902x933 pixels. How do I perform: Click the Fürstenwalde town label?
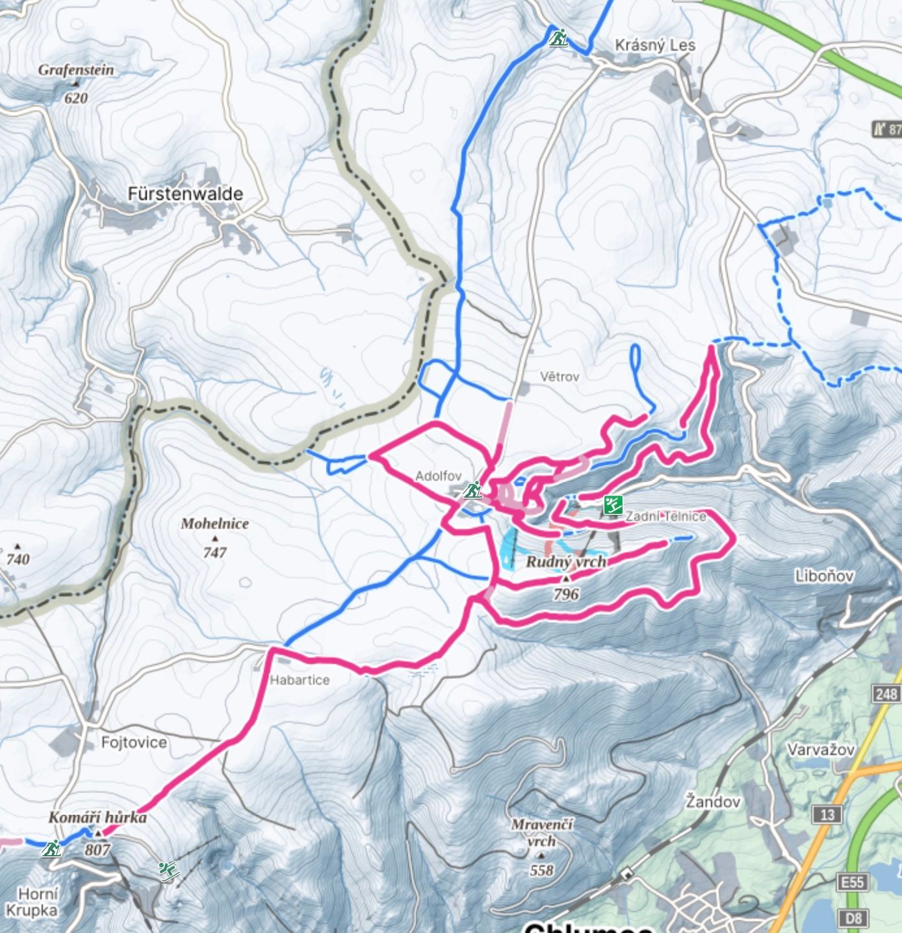click(185, 194)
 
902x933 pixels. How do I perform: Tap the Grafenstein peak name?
click(75, 70)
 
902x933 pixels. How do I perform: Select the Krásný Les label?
click(655, 45)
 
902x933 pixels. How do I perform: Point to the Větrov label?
click(560, 377)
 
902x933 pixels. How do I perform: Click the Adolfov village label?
click(438, 476)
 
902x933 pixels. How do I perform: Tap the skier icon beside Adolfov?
click(473, 489)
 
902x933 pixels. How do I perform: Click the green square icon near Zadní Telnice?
click(613, 505)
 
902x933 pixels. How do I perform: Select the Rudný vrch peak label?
click(565, 562)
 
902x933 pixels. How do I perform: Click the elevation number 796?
click(566, 594)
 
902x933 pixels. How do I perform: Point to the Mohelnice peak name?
click(214, 524)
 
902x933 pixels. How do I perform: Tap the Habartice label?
click(300, 680)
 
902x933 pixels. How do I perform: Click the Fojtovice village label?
click(134, 743)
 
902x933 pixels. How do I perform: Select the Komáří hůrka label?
click(97, 817)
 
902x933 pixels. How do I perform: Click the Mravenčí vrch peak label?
click(541, 833)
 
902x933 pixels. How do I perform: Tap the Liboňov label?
click(824, 576)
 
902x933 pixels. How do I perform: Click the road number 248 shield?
click(886, 694)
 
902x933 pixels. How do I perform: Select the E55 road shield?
click(852, 882)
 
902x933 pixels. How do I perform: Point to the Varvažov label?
click(821, 750)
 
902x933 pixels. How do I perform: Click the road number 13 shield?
click(827, 815)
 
